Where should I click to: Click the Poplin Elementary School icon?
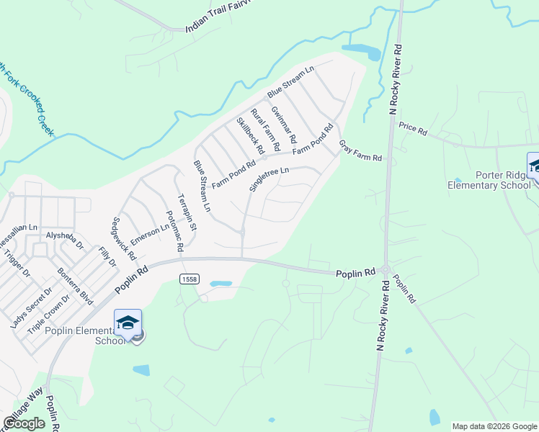coord(128,323)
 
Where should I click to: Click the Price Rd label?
coord(413,130)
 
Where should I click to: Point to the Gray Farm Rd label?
coord(360,151)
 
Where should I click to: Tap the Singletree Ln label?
coord(269,179)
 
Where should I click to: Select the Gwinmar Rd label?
coord(283,123)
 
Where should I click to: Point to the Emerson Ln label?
coord(151,234)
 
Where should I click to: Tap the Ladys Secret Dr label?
coord(32,307)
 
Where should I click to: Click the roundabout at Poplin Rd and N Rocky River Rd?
coord(386,271)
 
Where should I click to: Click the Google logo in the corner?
coord(24,423)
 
